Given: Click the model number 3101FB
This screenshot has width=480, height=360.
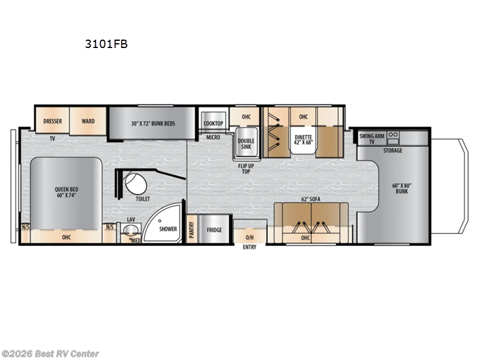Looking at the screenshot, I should point(106,44).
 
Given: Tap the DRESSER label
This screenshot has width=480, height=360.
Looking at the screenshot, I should point(53,121).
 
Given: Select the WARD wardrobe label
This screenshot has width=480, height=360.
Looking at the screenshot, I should point(88,121).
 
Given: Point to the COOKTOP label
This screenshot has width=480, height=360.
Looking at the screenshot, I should point(213,124).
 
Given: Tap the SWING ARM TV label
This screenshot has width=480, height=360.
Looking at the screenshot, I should point(371,139).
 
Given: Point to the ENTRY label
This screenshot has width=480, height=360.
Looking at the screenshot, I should point(249,247).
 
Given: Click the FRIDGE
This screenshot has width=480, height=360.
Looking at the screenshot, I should point(215,230).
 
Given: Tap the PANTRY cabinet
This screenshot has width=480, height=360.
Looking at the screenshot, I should point(192,230).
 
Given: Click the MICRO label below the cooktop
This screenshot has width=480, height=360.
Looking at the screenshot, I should point(212,137).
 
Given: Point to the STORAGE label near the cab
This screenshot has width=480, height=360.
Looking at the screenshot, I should point(393,151).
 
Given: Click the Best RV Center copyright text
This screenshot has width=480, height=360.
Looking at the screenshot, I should point(50,354).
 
